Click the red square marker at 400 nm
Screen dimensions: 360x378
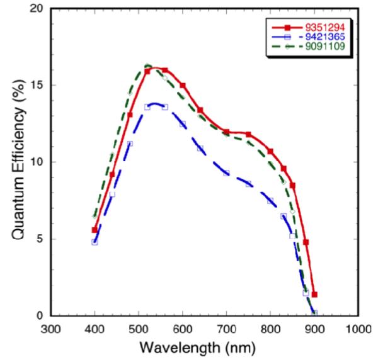coord(94,230)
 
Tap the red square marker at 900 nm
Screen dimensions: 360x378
coord(314,295)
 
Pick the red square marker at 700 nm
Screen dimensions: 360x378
coord(226,132)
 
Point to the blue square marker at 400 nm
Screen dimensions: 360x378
coord(94,242)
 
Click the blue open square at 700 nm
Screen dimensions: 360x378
coord(226,173)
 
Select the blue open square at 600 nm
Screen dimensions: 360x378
coord(183,124)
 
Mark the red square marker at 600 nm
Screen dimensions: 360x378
coord(183,86)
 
